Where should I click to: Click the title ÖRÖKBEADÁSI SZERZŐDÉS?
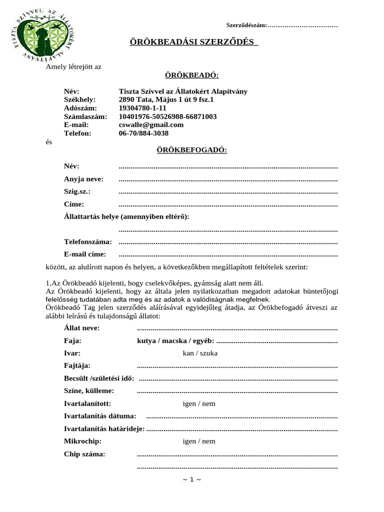[x=193, y=41]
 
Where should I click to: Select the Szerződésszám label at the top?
[x=247, y=25]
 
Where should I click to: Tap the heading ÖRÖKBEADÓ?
[x=192, y=75]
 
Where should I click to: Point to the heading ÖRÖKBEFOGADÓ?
[x=192, y=149]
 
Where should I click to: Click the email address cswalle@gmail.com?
[x=151, y=125]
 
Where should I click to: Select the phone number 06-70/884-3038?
[x=143, y=133]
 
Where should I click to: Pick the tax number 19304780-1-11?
[x=142, y=108]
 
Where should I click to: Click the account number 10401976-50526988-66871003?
[x=167, y=116]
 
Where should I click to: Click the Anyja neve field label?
[x=83, y=179]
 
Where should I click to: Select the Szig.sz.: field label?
[x=77, y=191]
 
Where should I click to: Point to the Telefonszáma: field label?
[x=88, y=241]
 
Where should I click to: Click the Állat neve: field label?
[x=82, y=328]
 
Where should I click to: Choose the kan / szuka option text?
[x=200, y=353]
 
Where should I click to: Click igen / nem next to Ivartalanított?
[x=199, y=403]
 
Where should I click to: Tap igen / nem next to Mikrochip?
[x=199, y=441]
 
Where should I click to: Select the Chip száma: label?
[x=84, y=454]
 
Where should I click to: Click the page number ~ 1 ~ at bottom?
[x=192, y=479]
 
